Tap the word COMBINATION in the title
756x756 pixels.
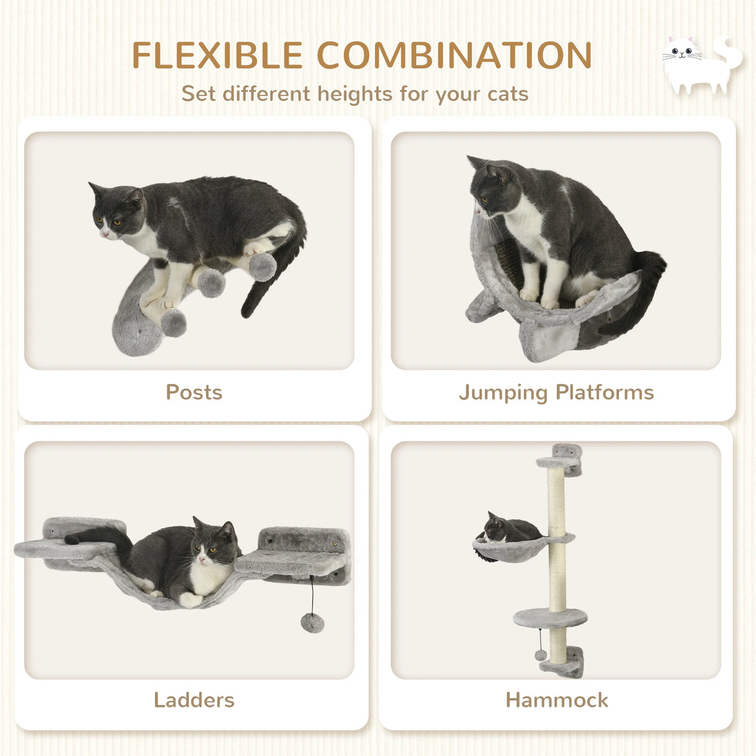tap(455, 56)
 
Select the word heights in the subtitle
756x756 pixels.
tap(356, 94)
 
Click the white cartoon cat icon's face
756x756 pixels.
tap(681, 51)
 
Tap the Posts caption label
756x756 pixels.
tap(194, 392)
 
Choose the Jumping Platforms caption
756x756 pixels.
tap(556, 392)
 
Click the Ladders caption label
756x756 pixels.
tap(194, 700)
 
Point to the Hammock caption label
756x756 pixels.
tap(557, 700)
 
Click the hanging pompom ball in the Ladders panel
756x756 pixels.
tap(312, 622)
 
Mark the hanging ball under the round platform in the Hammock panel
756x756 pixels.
tap(541, 654)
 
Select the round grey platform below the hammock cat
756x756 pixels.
tap(550, 618)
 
